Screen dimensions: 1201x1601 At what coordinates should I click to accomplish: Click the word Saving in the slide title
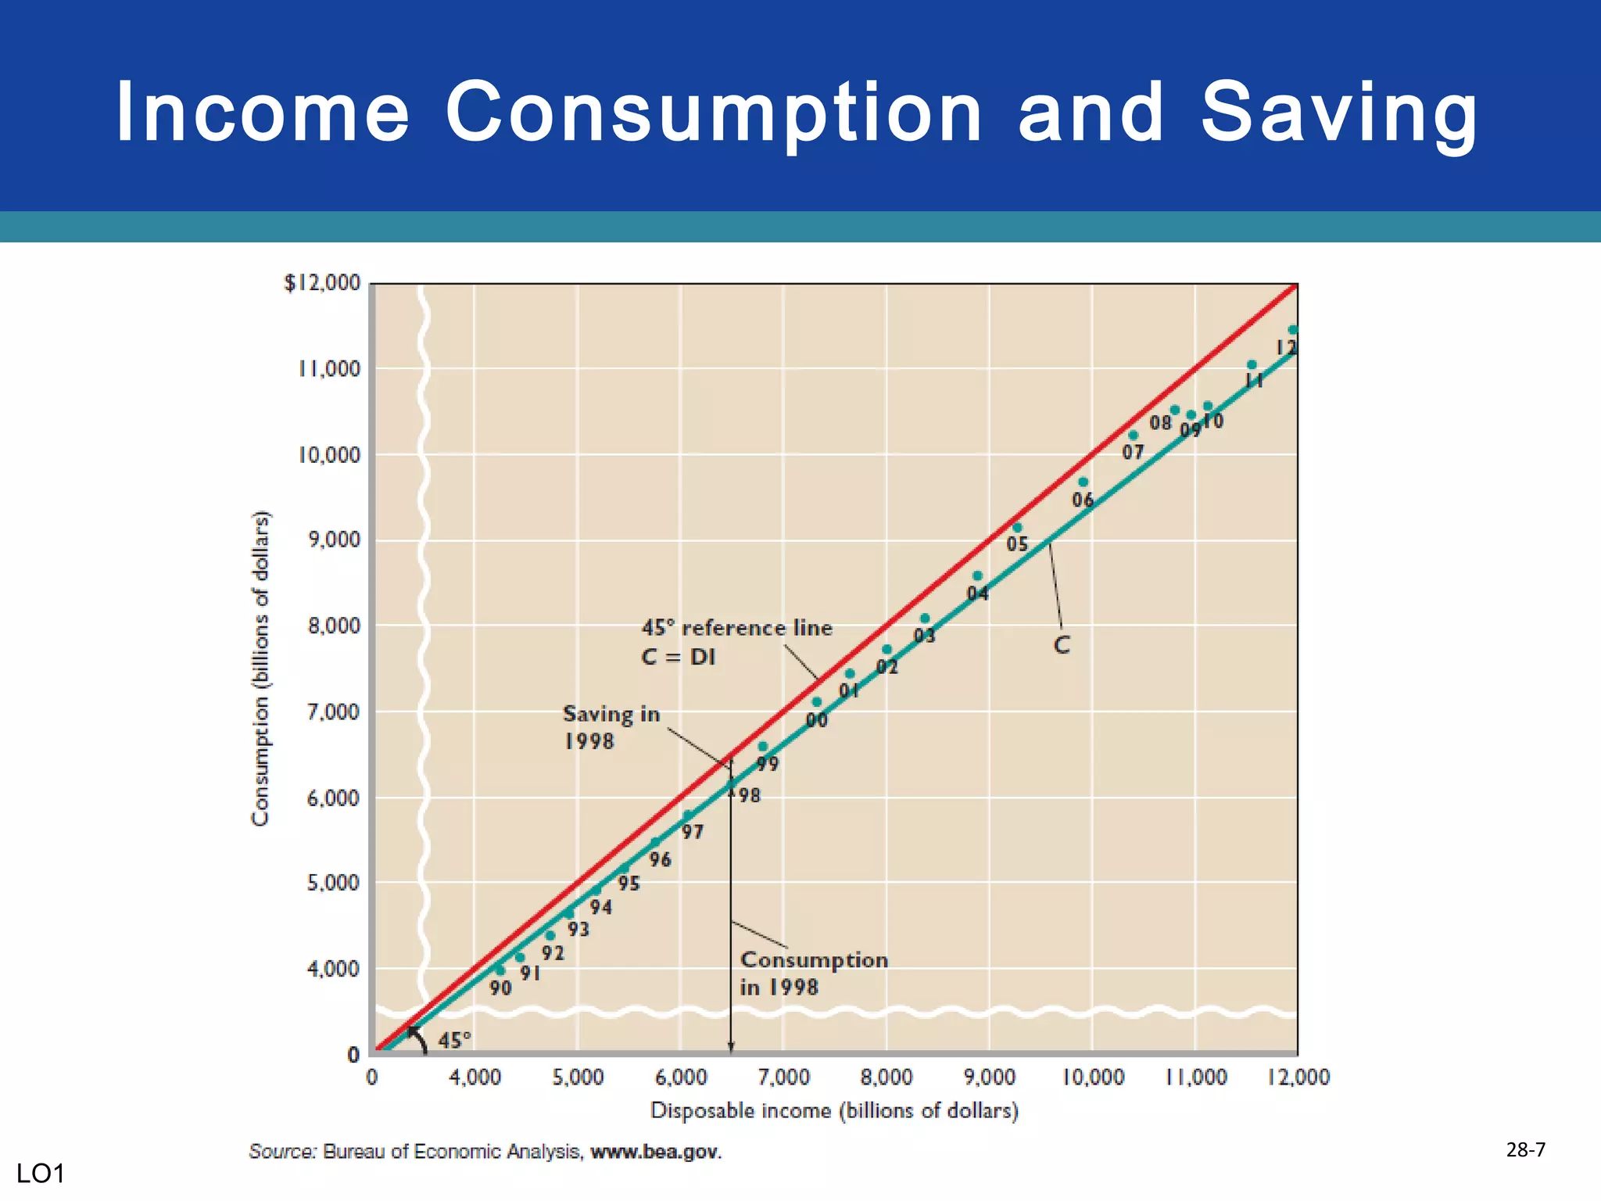(1338, 113)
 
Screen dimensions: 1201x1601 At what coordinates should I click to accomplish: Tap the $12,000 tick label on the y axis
(322, 283)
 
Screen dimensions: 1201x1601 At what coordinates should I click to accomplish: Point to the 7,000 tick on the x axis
(783, 1077)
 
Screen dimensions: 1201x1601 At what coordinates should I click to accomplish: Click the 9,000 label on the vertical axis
(334, 540)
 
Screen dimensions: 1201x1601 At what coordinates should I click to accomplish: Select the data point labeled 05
(1017, 528)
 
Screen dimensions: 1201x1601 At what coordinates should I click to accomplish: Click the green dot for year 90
(500, 970)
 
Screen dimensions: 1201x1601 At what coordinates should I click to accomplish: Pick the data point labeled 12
(1293, 330)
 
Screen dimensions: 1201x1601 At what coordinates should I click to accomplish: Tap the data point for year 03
(925, 618)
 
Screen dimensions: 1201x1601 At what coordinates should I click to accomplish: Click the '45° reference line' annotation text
(736, 628)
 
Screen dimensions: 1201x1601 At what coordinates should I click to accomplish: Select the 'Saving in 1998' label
(611, 727)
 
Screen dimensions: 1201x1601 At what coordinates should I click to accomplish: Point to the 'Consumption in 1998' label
(813, 973)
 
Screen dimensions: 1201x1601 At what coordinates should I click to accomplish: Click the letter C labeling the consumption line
(1061, 646)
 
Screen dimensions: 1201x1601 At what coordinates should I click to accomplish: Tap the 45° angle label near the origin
(454, 1040)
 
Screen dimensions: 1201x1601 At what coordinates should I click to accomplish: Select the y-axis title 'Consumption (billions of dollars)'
(260, 668)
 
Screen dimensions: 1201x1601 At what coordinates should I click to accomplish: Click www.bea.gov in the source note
(655, 1152)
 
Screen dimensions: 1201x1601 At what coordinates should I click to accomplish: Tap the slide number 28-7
(1525, 1149)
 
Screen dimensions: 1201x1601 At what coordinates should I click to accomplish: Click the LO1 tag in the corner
(40, 1174)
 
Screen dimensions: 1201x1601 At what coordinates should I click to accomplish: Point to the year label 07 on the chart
(1133, 452)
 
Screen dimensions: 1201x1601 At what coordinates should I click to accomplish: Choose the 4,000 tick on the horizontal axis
(475, 1077)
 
